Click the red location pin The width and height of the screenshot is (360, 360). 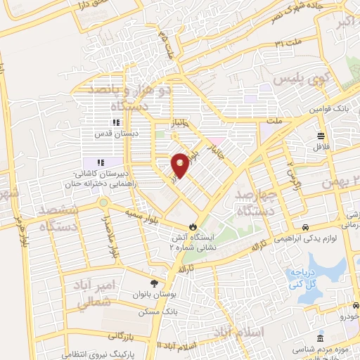(180, 165)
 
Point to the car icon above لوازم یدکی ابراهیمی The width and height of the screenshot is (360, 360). (306, 227)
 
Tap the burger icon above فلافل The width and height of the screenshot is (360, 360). (321, 136)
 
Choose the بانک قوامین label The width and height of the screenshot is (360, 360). (328, 110)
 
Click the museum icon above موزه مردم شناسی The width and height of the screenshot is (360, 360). (320, 339)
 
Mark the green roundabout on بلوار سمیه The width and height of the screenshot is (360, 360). (103, 203)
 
